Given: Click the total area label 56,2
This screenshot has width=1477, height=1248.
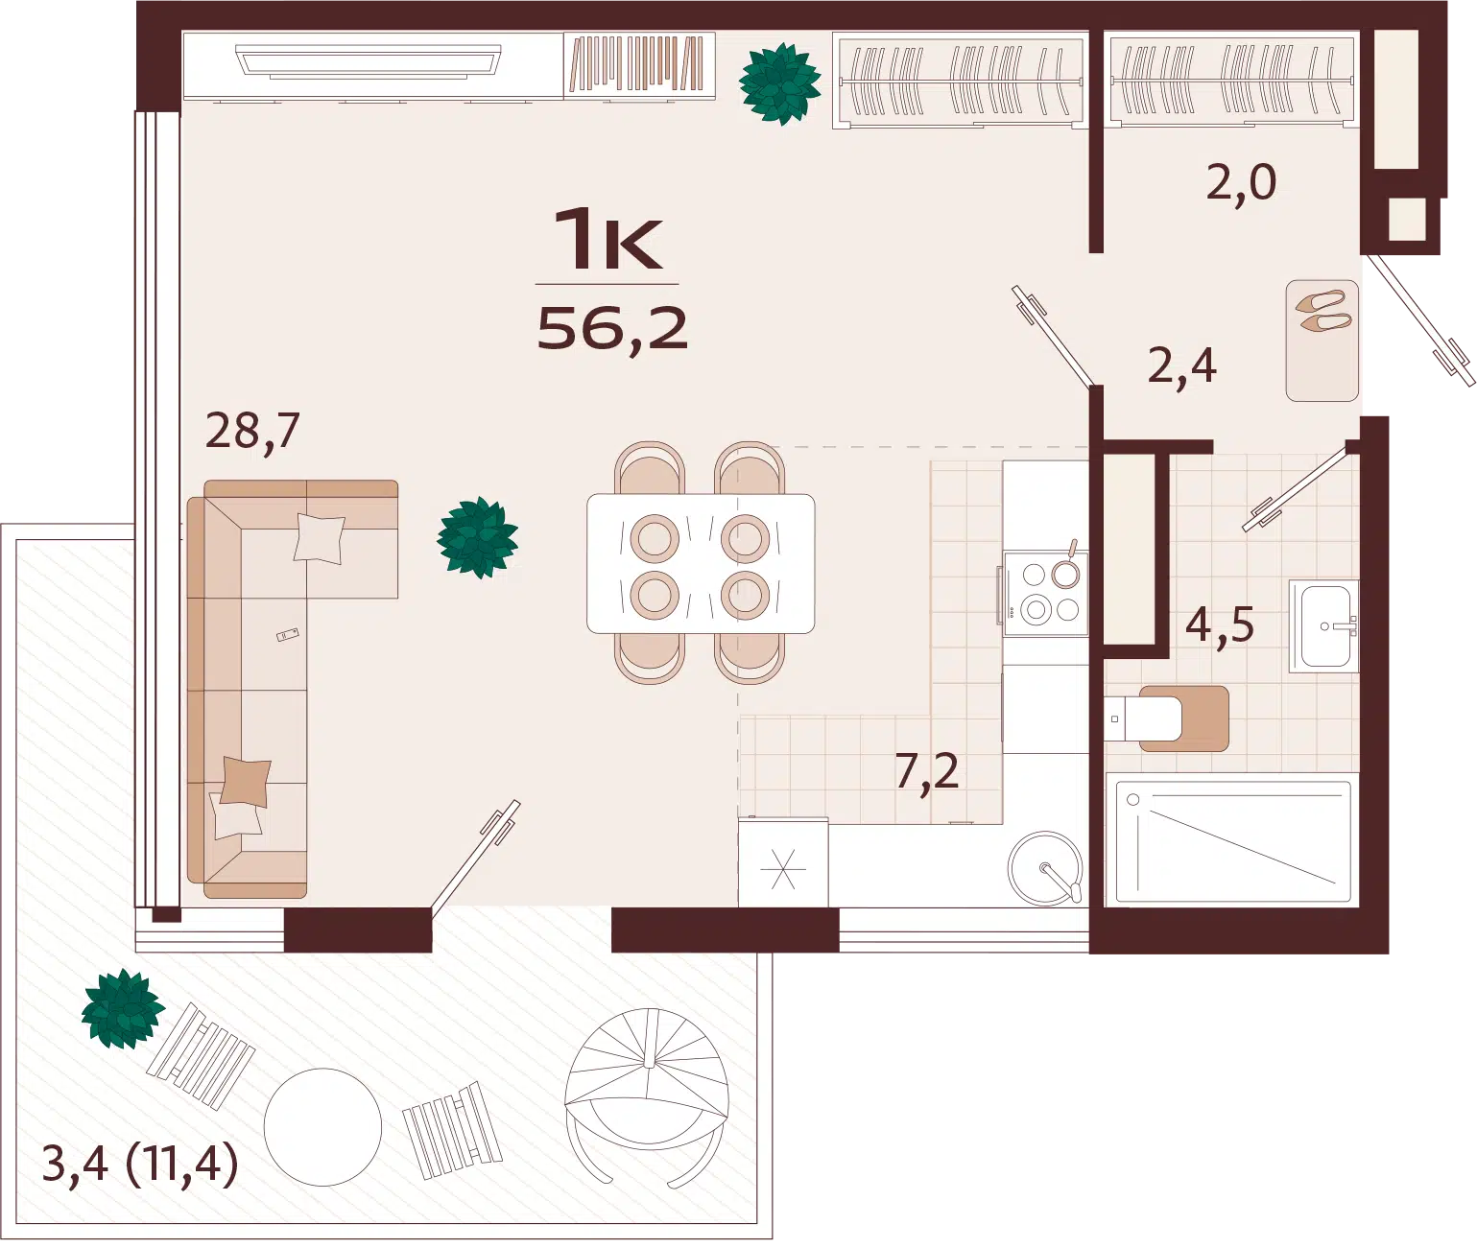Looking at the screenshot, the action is click(x=612, y=329).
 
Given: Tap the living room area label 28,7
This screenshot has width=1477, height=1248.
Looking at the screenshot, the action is click(x=252, y=432).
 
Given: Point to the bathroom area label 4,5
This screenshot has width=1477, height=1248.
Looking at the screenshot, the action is click(x=1220, y=626).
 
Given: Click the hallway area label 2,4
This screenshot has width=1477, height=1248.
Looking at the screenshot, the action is click(x=1181, y=366).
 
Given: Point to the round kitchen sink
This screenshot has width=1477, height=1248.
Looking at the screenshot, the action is click(x=1045, y=869).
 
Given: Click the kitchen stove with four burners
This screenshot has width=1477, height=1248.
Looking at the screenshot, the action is click(x=1045, y=593).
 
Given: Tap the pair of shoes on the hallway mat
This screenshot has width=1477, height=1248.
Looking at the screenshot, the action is click(x=1323, y=312).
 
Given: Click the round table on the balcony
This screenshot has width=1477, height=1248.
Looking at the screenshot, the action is click(x=323, y=1126).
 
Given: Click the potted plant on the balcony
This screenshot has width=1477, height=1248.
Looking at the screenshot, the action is click(x=122, y=1008).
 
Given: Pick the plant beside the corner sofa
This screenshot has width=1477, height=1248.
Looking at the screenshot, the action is click(x=477, y=538).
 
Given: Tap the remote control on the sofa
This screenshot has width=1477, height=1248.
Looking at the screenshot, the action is click(x=287, y=634).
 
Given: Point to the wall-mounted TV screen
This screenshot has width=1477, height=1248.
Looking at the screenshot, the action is click(x=369, y=60).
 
